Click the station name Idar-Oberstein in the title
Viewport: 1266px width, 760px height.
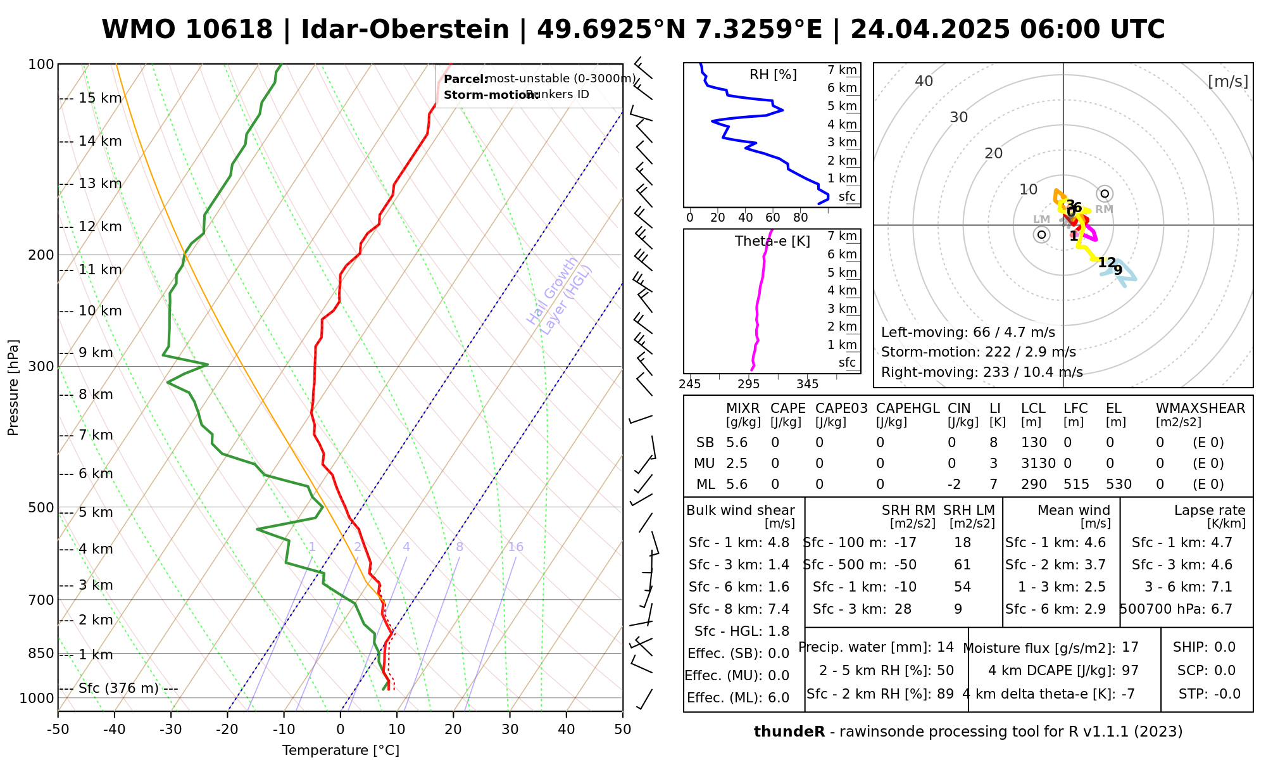click(x=405, y=30)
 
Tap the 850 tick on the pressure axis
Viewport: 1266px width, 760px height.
click(x=41, y=653)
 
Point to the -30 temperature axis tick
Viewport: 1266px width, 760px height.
click(x=171, y=730)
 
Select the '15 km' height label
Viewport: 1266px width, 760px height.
click(x=100, y=98)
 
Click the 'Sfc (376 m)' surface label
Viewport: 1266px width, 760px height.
click(x=119, y=688)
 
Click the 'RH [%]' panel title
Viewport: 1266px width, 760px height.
click(x=773, y=75)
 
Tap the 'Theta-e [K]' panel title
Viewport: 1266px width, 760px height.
click(x=772, y=241)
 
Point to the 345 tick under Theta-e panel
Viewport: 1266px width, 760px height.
click(x=807, y=384)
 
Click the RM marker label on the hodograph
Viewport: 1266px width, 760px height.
click(x=1104, y=209)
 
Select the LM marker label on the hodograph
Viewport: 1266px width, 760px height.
click(x=1041, y=219)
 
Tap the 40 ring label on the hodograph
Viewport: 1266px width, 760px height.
click(x=924, y=81)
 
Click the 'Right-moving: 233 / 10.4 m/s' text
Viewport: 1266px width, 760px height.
click(x=982, y=372)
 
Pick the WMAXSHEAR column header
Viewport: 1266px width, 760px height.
click(x=1200, y=408)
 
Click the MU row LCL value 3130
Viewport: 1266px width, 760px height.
click(x=1038, y=464)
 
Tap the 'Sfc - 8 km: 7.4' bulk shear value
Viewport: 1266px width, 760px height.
click(x=739, y=609)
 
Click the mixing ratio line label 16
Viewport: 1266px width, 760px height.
click(x=515, y=547)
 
